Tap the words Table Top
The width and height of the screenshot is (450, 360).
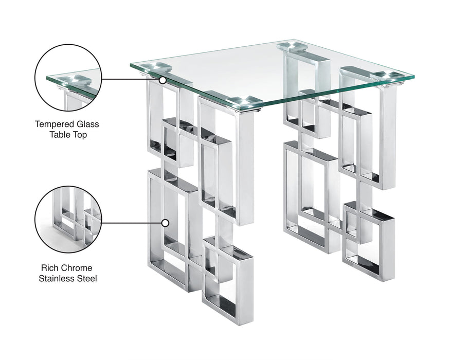click(67, 135)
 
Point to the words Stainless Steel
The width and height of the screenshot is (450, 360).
click(67, 279)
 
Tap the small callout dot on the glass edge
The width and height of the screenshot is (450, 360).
click(163, 80)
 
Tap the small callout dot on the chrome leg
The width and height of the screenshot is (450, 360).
click(165, 223)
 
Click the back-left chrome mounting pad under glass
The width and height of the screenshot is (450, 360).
click(155, 67)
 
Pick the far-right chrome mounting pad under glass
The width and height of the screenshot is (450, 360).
click(387, 76)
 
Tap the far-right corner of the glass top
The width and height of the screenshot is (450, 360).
click(413, 78)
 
